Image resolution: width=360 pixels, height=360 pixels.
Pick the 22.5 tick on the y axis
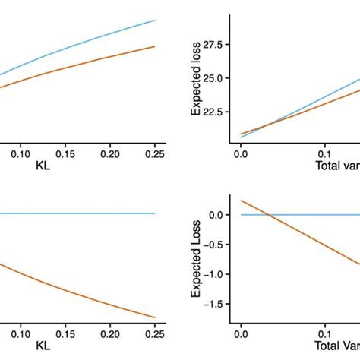[x=214, y=111]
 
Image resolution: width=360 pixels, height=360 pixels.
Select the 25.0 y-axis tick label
[x=214, y=78]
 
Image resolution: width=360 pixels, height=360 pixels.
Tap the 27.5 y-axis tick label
[x=214, y=45]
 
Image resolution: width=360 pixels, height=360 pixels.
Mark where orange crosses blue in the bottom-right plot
[x=268, y=215]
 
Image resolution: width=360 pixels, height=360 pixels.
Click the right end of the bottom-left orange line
[x=155, y=317]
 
